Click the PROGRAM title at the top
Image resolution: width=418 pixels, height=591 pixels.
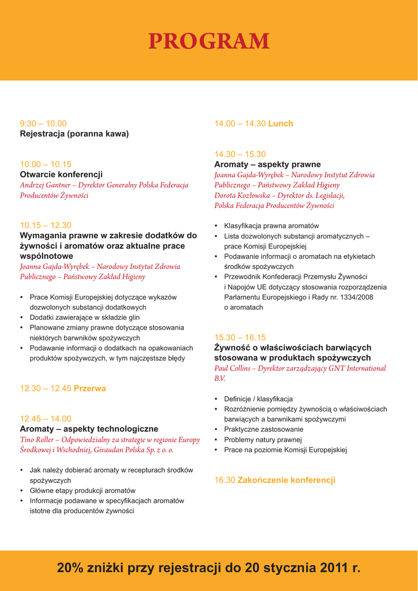click(x=209, y=42)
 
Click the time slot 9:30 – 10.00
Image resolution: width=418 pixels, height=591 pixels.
click(x=43, y=124)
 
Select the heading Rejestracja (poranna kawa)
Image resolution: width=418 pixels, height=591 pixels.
click(x=74, y=134)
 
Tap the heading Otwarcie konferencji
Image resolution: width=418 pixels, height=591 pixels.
click(x=61, y=174)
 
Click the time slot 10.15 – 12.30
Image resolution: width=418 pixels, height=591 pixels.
click(x=46, y=225)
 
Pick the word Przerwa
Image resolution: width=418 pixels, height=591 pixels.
click(x=90, y=388)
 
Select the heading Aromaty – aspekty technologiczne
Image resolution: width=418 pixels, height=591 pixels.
click(x=89, y=429)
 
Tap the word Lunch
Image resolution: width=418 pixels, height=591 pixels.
click(x=281, y=124)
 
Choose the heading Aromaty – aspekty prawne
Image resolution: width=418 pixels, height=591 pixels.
click(x=268, y=164)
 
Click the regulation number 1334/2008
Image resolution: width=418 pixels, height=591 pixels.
click(x=357, y=297)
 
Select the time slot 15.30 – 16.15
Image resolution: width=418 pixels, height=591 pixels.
click(x=240, y=338)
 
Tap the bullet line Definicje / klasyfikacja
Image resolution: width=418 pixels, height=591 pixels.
click(x=258, y=399)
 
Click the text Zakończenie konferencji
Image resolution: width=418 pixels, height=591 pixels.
click(x=286, y=480)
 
